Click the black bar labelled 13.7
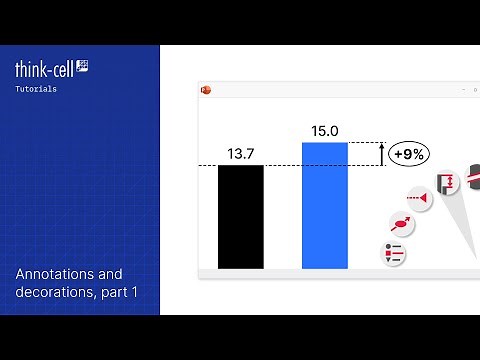[x=241, y=216]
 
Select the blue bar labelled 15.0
[x=325, y=205]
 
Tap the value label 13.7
[x=241, y=154]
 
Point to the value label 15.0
[x=325, y=131]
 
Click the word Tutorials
[x=35, y=89]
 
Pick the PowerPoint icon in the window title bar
[x=207, y=89]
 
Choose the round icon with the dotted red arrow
[x=419, y=201]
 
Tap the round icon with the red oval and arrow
[x=401, y=223]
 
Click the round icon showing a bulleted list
[x=393, y=253]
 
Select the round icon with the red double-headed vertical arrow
[x=446, y=182]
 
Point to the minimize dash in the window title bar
[x=463, y=89]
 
